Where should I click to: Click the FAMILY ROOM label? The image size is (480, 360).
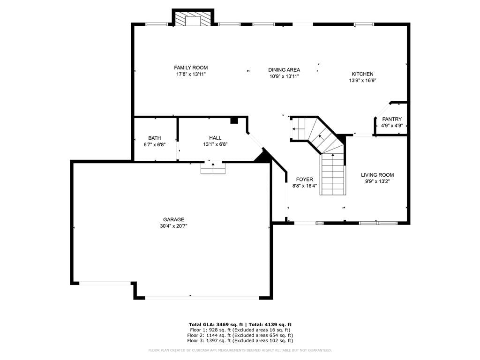pos(191,67)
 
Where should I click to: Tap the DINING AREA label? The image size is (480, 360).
pos(284,70)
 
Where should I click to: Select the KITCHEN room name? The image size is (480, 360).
pos(362,74)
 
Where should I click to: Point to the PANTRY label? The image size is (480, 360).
pos(392,119)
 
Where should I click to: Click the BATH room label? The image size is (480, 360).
pos(155,138)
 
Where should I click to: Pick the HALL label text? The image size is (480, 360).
pos(215,138)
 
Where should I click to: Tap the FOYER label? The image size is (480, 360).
pos(305,180)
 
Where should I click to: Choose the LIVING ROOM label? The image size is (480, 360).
pos(377,175)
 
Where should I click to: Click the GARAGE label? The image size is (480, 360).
pos(173,219)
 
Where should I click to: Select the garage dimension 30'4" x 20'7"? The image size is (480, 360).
pos(173,226)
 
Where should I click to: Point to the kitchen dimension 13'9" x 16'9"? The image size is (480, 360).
pos(362,81)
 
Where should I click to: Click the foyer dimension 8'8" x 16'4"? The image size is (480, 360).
pos(305,186)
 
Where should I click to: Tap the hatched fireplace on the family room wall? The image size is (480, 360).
pos(193,19)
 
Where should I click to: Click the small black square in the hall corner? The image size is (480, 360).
pos(234,120)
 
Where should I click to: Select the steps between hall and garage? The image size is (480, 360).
pos(213,168)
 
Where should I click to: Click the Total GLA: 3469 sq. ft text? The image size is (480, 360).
pos(216,325)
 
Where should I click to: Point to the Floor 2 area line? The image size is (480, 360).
pos(240,335)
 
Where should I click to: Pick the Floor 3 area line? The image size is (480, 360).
pos(240,340)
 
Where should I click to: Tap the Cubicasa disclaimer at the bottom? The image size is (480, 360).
pos(240,350)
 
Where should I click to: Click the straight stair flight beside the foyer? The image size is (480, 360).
pos(333,174)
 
